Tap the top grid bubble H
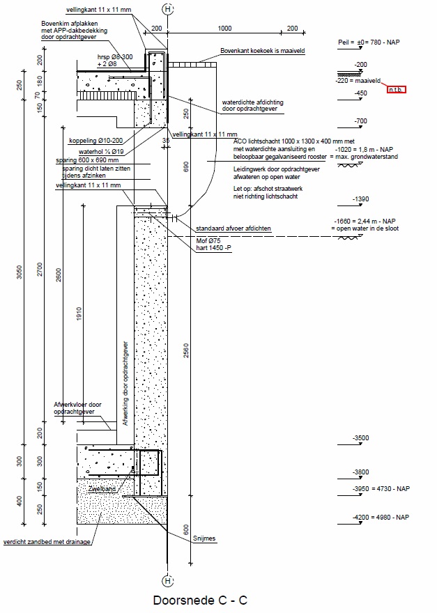point(167,9)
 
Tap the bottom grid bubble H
point(167,581)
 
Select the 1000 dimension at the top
point(224,29)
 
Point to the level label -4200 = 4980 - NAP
point(381,517)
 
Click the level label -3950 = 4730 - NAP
point(381,489)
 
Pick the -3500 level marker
point(361,437)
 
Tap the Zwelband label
point(101,490)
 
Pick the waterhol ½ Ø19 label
point(101,150)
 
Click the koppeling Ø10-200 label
point(92,140)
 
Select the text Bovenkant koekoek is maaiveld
point(263,51)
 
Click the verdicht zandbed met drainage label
point(47,541)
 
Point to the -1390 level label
point(361,199)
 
